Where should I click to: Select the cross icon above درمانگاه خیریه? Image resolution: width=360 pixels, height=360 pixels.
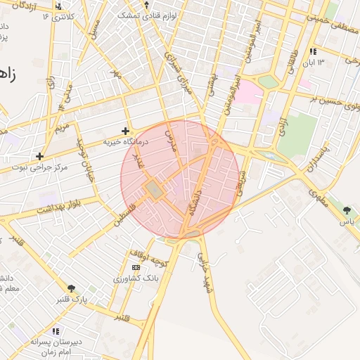tap(125, 131)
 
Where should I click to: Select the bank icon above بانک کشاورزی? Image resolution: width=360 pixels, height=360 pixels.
tap(136, 268)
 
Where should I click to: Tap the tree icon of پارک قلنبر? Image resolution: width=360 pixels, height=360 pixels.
tap(71, 288)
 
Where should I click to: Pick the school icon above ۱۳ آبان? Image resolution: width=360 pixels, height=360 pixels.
tap(312, 52)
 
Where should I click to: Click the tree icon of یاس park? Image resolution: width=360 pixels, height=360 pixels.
tap(346, 210)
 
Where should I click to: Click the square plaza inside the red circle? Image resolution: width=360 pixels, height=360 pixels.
tap(153, 189)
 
